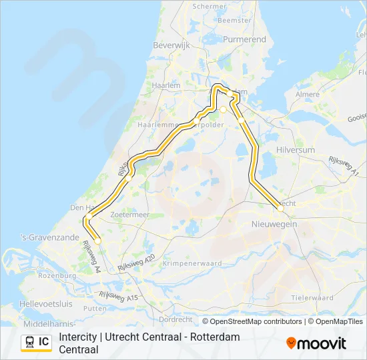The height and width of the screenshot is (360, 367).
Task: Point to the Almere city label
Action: tap(308, 95)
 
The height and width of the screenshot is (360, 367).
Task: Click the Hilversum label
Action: tap(295, 151)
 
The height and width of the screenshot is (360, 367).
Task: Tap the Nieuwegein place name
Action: tap(274, 225)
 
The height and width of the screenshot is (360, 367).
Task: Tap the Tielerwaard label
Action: tap(312, 297)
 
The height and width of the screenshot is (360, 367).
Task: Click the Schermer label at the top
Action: tap(210, 6)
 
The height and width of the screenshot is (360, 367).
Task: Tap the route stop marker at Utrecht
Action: tap(280, 209)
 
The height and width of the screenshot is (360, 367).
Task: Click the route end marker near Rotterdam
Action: tap(97, 241)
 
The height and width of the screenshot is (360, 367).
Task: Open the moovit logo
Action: tap(316, 343)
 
